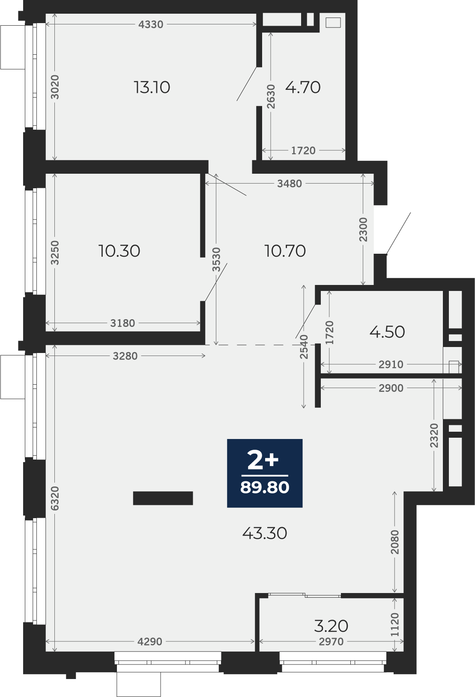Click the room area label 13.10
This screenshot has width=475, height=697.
152,87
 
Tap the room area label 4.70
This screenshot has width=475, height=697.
303,87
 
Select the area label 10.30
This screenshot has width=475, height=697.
119,251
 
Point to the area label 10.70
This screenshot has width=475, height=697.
285,251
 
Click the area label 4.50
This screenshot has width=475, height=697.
387,332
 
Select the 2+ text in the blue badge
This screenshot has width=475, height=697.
263,461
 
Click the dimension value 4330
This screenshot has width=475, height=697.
151,24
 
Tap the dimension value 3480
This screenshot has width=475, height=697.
290,184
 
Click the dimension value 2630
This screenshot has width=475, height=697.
271,96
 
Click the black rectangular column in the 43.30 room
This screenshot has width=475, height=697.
163,498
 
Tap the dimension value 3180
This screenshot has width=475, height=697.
123,323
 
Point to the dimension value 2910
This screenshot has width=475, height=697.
391,364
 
